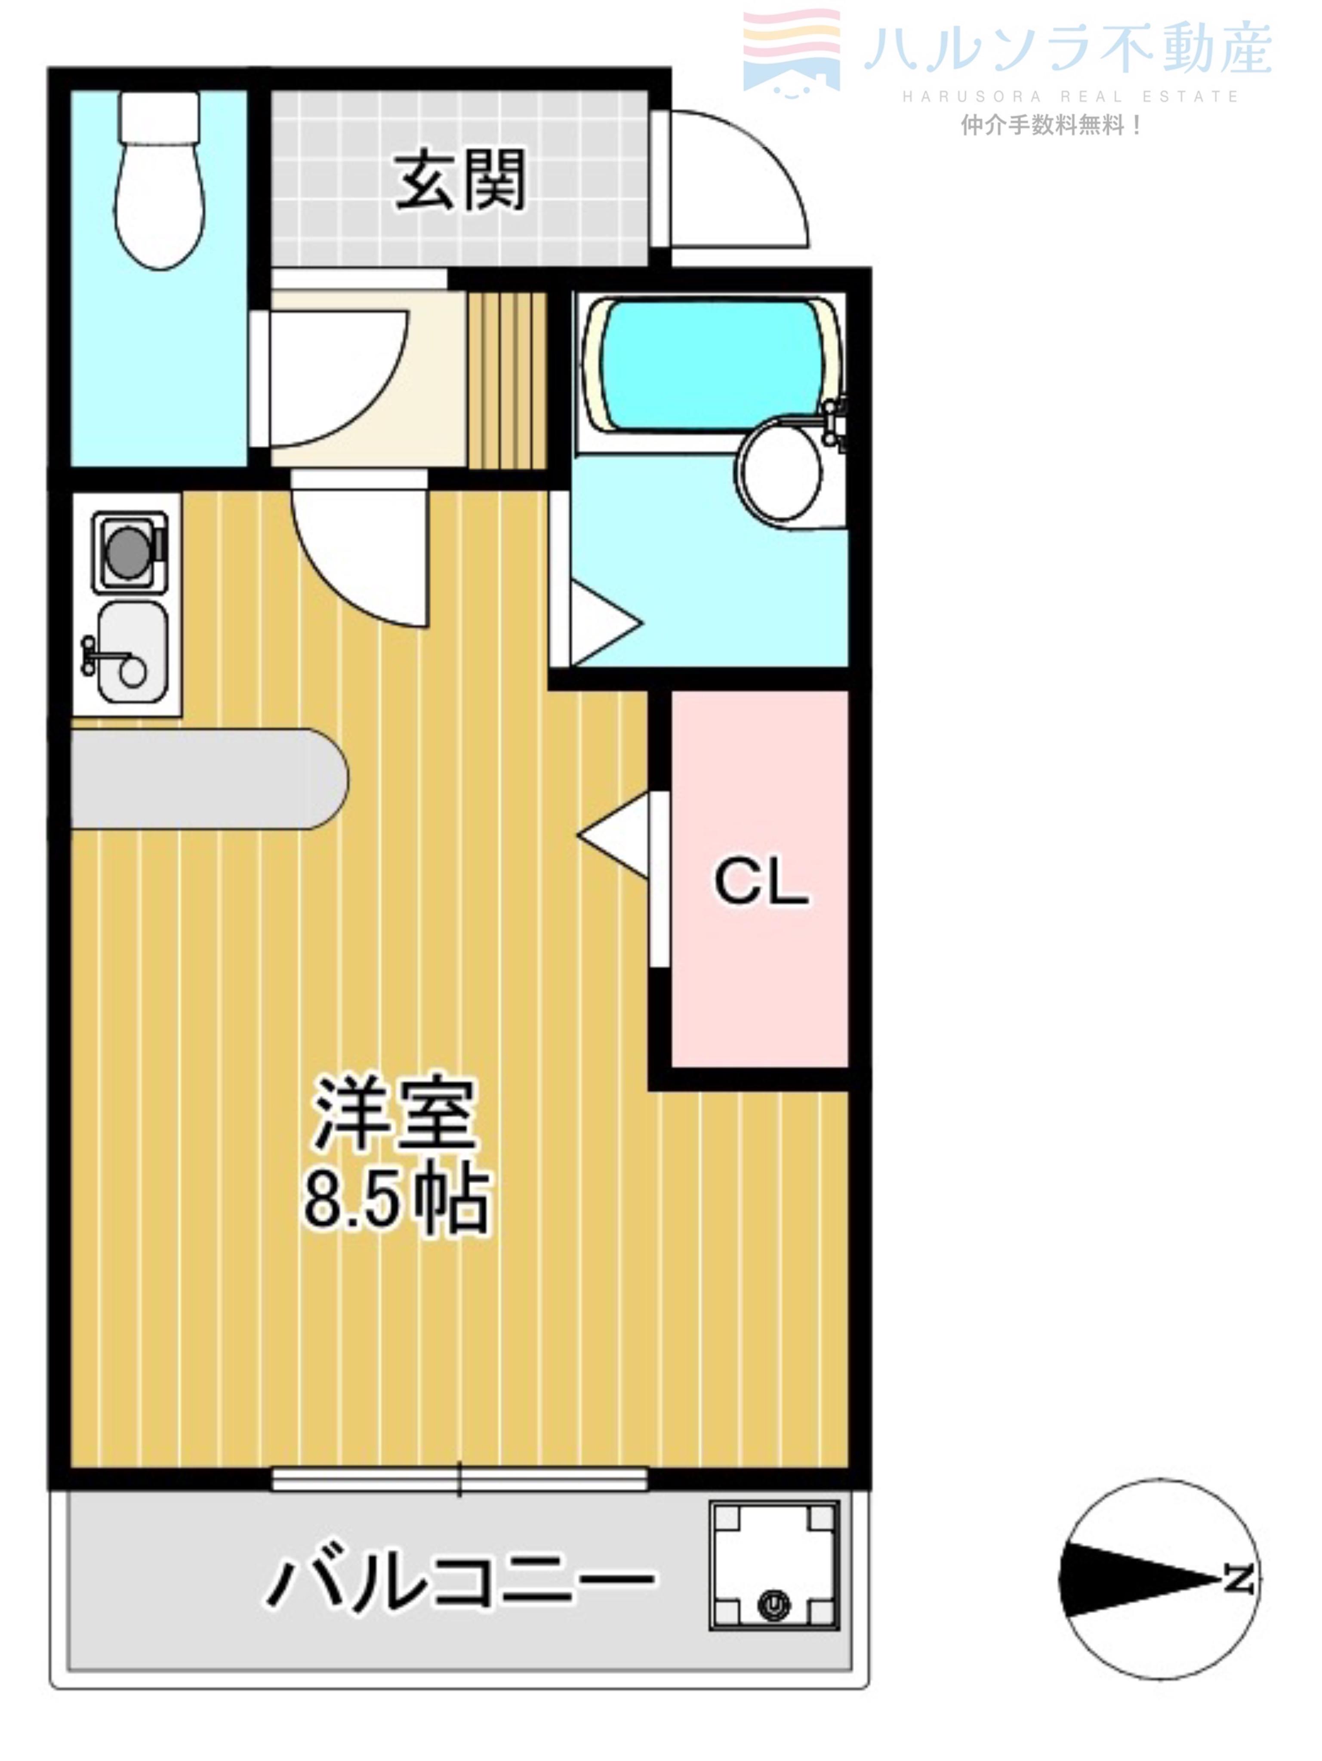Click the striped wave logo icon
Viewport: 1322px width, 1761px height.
click(x=792, y=50)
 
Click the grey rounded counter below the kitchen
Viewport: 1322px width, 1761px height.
click(x=209, y=779)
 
